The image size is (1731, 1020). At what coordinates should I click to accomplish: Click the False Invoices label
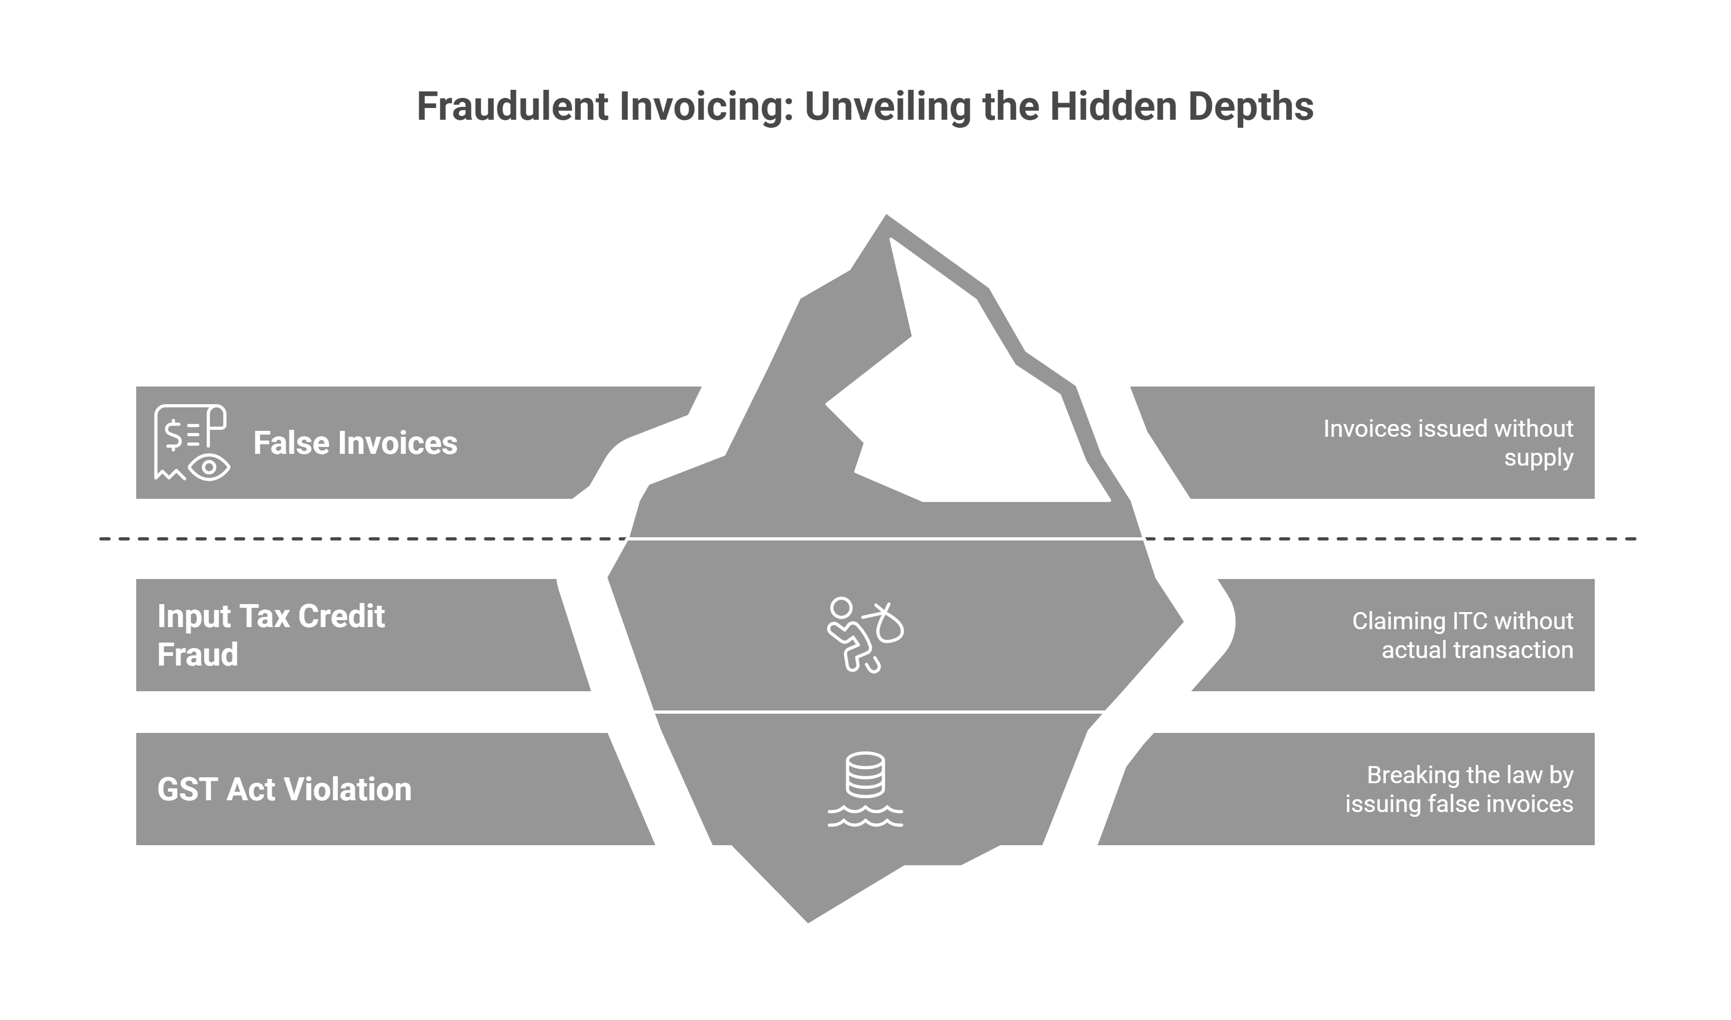pos(355,443)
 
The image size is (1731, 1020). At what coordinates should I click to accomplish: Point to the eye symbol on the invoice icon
pos(209,467)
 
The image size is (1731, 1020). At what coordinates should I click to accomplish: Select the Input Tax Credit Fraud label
pos(271,635)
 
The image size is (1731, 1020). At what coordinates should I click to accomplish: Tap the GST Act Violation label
pos(284,789)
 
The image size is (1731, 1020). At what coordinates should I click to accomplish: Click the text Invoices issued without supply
pos(1448,443)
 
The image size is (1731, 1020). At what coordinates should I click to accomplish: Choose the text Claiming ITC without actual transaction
pos(1462,635)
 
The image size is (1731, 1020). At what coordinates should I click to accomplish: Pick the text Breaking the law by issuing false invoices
pos(1459,789)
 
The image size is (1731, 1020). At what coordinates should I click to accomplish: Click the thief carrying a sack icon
pos(865,635)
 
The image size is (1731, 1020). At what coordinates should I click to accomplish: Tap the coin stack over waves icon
pos(865,789)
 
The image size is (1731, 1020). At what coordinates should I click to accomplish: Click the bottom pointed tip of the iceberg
pos(808,922)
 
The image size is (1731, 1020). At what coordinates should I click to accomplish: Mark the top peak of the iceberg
pos(886,215)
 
